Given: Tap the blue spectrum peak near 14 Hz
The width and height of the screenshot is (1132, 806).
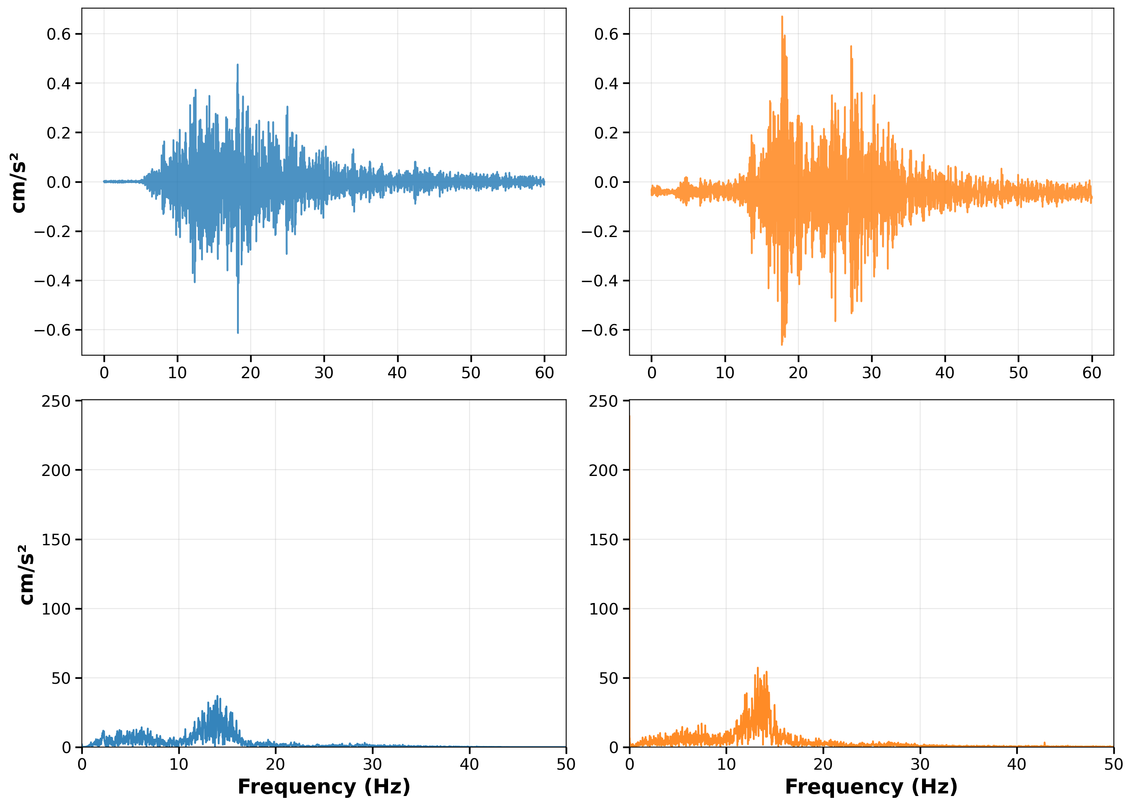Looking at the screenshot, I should pos(217,697).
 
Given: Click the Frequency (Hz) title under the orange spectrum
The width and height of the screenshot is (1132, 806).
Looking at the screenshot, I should pos(871,787).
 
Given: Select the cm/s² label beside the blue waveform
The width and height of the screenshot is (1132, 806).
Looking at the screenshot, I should pos(19,182).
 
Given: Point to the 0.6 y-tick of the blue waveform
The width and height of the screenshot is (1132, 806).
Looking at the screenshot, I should pos(59,34).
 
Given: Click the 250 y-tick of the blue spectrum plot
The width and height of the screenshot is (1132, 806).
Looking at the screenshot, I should pos(56,401).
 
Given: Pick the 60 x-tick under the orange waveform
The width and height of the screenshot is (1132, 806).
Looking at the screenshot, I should pos(1091,373).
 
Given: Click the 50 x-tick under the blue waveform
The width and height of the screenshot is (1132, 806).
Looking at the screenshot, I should pos(470,373).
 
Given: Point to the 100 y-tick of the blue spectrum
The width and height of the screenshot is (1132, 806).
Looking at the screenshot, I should pos(56,609).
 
